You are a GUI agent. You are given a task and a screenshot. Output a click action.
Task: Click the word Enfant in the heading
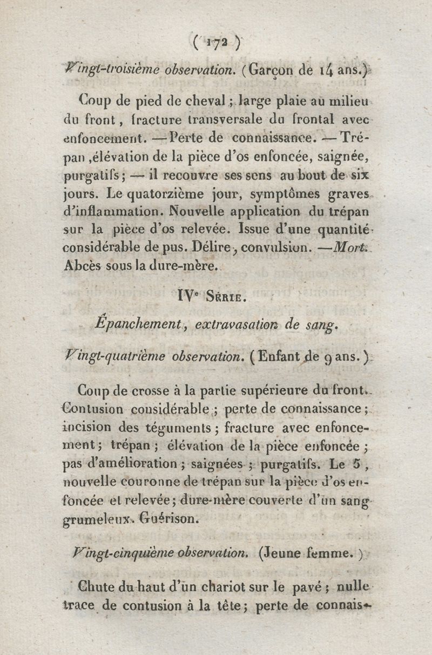tap(289, 357)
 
